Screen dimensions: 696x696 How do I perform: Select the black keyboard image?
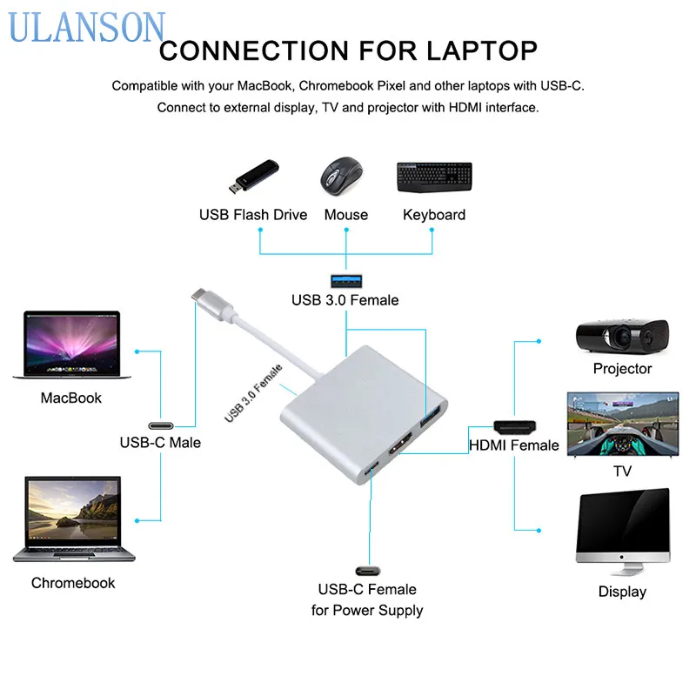(434, 177)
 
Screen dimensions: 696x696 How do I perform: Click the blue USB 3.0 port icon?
(345, 280)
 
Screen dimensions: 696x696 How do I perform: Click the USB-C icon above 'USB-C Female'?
(367, 570)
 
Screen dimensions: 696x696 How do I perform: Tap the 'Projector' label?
(622, 369)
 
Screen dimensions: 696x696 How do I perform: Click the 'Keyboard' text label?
(434, 215)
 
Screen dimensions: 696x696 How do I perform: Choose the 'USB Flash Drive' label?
(253, 215)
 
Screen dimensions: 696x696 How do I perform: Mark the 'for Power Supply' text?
(367, 610)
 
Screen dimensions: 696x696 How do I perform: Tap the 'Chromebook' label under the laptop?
(73, 583)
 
